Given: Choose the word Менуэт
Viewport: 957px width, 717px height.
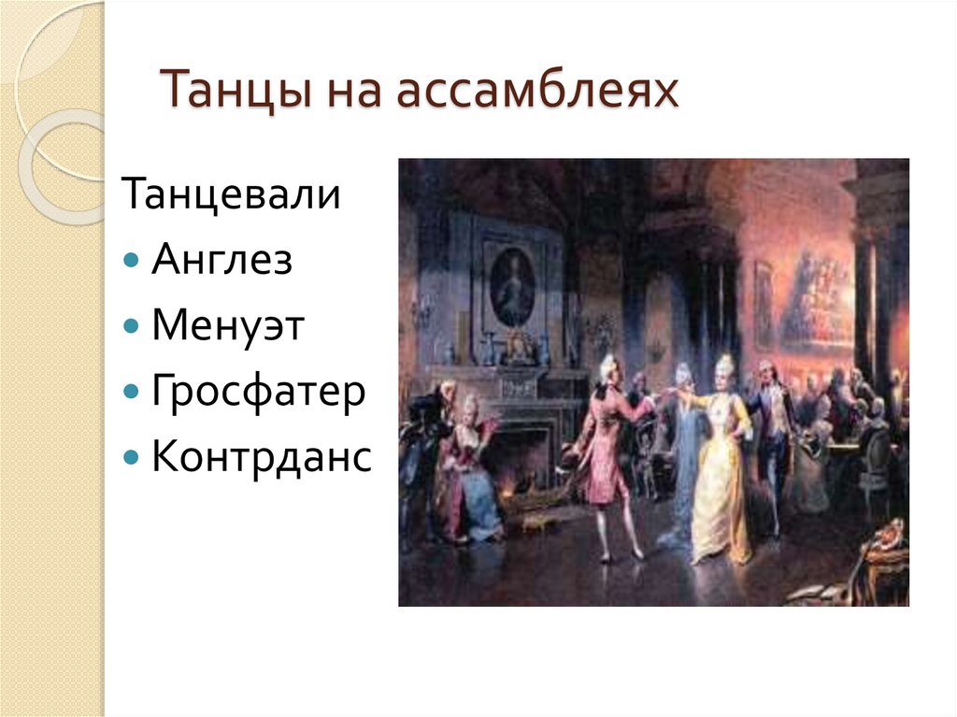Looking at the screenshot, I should coord(227,326).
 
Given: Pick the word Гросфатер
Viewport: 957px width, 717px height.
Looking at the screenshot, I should coord(257,393).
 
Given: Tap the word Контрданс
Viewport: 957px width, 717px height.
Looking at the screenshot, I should coord(261,458).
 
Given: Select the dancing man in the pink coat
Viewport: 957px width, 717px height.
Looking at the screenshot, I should coord(607,449).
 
